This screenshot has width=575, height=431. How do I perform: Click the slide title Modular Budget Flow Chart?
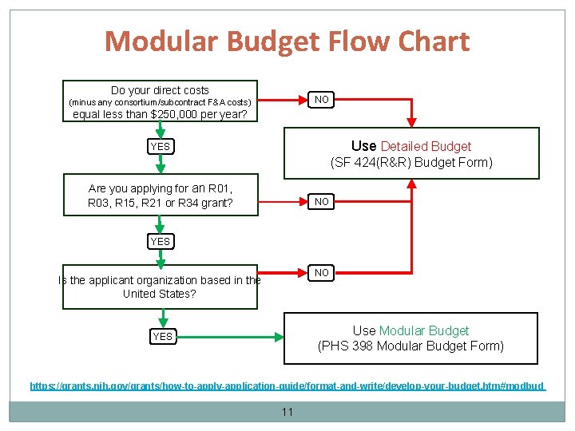(x=287, y=42)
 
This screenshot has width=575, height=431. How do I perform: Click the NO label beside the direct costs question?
(x=322, y=100)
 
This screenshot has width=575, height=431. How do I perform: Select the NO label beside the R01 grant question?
(x=322, y=202)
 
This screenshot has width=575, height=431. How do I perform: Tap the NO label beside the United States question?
(x=322, y=273)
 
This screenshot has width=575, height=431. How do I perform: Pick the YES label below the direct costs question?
(x=161, y=147)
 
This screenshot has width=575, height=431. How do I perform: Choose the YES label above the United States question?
(x=161, y=241)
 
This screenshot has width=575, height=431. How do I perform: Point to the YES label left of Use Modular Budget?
(x=162, y=337)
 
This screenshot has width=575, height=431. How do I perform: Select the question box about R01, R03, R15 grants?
(x=161, y=196)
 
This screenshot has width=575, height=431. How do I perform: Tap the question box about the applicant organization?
(x=160, y=287)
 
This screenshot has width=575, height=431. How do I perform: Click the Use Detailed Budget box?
(x=411, y=154)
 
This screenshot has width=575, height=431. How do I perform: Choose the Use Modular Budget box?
(x=411, y=338)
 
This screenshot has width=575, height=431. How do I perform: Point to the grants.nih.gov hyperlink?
(x=287, y=386)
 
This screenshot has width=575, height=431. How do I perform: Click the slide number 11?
(x=287, y=412)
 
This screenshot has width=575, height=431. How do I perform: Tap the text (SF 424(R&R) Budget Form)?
(x=411, y=163)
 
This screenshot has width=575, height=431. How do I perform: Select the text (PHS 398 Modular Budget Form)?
(x=411, y=346)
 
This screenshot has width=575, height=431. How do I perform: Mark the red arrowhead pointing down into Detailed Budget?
(x=411, y=123)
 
